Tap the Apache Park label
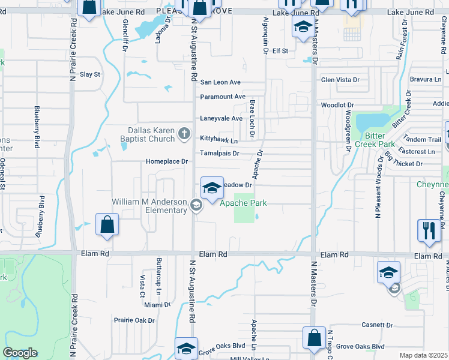point(243,203)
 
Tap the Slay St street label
point(90,74)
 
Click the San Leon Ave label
point(220,82)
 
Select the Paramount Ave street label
point(223,97)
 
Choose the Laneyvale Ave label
point(221,118)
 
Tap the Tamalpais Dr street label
point(220,154)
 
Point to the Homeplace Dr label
point(167,161)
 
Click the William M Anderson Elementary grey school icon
point(196,206)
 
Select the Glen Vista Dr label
point(340,80)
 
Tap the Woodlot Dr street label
point(333,105)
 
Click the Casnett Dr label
point(376,325)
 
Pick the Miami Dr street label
point(157,305)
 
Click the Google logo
point(20,353)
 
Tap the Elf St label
point(280,51)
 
